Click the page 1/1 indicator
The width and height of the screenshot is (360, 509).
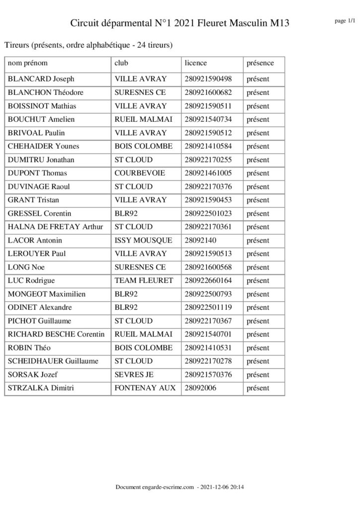click(x=345, y=20)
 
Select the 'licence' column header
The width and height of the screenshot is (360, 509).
click(x=195, y=63)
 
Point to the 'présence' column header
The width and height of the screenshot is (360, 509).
click(x=260, y=63)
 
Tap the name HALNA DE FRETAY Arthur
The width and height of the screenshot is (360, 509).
click(x=56, y=227)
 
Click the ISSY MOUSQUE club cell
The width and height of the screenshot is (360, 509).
click(x=143, y=240)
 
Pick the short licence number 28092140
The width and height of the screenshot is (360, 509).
click(x=201, y=240)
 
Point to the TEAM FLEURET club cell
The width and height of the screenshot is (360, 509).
click(x=144, y=280)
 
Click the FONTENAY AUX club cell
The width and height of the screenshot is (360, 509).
click(x=145, y=388)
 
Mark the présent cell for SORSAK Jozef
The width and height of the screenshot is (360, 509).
click(x=258, y=374)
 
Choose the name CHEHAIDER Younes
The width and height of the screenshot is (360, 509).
click(x=44, y=146)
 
